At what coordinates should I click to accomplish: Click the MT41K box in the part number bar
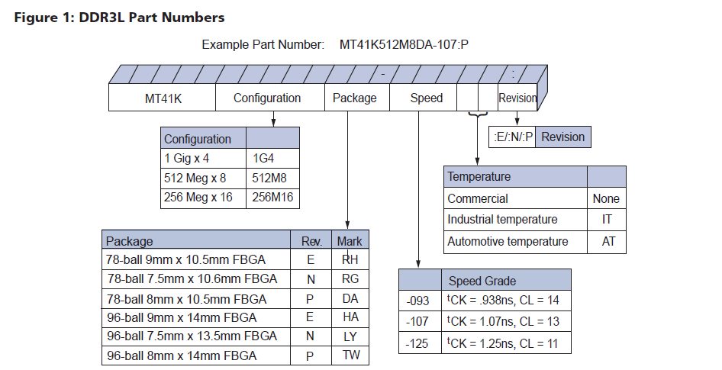(162, 98)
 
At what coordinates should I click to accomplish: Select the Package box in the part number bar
(355, 98)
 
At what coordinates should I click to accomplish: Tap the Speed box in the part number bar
(426, 98)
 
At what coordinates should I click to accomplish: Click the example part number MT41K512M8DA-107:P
(404, 44)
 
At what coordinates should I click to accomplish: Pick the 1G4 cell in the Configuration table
(272, 159)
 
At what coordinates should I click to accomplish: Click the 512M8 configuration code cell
(272, 179)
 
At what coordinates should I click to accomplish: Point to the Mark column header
(350, 241)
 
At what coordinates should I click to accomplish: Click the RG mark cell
(350, 279)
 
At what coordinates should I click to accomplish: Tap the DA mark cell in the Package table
(350, 298)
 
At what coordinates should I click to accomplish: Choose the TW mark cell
(350, 356)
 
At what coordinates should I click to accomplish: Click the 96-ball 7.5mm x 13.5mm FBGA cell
(196, 336)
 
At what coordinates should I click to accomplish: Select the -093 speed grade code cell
(420, 301)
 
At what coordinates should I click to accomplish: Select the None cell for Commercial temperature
(606, 198)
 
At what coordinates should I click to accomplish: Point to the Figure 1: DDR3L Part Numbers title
(120, 17)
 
